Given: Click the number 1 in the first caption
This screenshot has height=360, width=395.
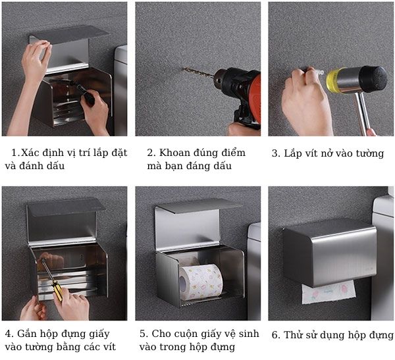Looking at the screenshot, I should coord(14,153).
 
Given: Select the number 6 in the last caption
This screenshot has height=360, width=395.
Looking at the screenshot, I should coord(275,335).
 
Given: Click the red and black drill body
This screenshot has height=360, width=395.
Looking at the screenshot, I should coord(240,89).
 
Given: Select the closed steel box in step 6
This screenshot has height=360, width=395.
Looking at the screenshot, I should coord(329,253).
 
